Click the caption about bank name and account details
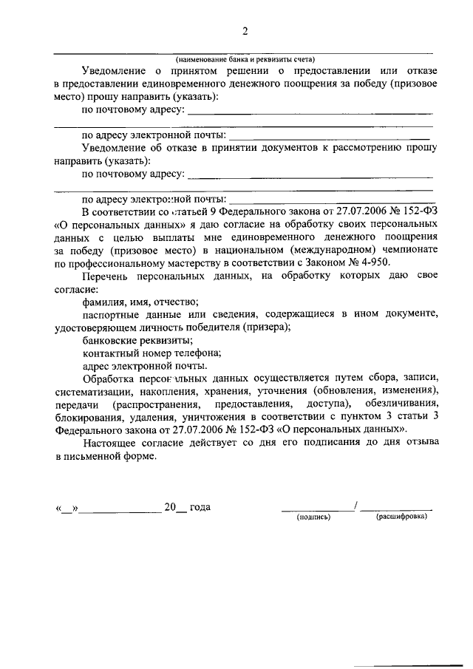pyautogui.click(x=245, y=59)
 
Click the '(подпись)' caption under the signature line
pyautogui.click(x=313, y=517)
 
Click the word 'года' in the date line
pyautogui.click(x=200, y=507)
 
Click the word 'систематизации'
pyautogui.click(x=94, y=391)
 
